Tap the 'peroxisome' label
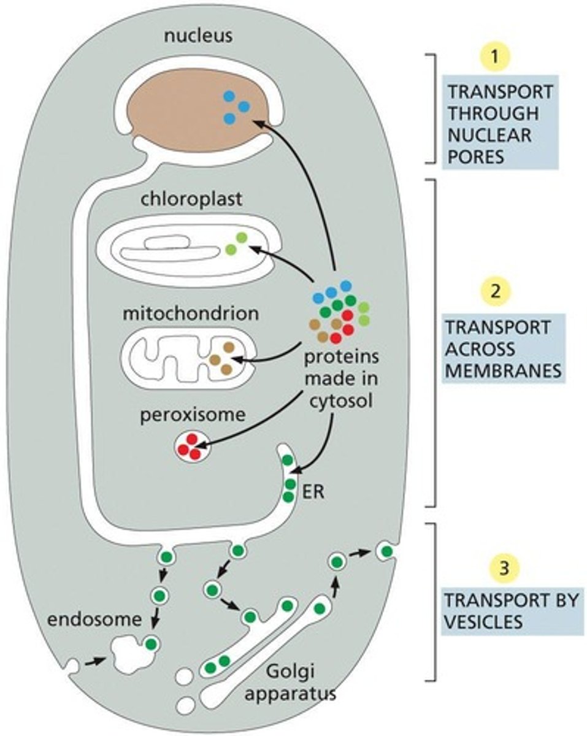[x=191, y=415]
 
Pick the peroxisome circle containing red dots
[x=193, y=447]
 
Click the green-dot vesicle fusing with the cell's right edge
[x=386, y=552]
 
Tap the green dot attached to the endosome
[x=151, y=644]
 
